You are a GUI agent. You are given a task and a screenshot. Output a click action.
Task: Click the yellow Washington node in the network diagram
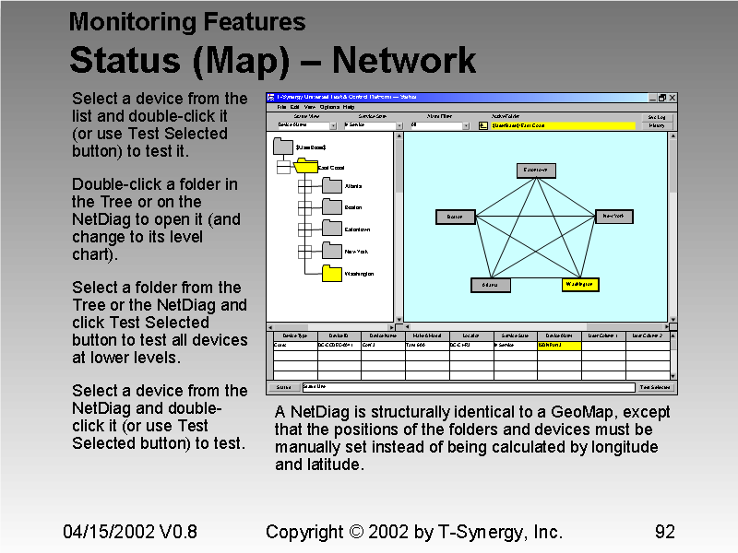(x=580, y=285)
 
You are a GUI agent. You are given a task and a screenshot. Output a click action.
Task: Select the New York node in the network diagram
(x=613, y=217)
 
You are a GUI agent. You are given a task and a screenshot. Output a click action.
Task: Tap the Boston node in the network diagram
(x=455, y=218)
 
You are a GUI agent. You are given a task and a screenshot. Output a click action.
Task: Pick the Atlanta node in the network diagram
(x=490, y=285)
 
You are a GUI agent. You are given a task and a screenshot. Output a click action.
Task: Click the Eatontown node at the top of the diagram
(x=535, y=170)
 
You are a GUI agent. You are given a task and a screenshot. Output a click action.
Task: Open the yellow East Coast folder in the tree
(x=304, y=167)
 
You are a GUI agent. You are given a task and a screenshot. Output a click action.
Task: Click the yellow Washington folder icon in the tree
(x=332, y=274)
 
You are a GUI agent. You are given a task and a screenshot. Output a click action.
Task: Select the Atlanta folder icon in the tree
(x=332, y=185)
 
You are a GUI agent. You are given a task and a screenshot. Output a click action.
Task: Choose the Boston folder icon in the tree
(x=332, y=207)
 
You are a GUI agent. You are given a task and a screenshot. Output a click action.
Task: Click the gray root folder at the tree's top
(x=283, y=147)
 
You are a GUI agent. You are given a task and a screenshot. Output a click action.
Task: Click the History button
(x=657, y=125)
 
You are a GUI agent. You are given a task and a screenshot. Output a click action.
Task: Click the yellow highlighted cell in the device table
(x=559, y=345)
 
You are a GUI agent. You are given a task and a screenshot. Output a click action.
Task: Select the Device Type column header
(x=295, y=335)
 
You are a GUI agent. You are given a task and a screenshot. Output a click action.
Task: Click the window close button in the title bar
(x=673, y=97)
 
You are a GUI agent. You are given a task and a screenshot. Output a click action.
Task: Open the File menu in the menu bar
(x=281, y=107)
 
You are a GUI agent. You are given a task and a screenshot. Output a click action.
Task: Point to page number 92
(x=664, y=532)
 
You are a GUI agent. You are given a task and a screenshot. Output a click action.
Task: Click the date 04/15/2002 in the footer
(x=103, y=532)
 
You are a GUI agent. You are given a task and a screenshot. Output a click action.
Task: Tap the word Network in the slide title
(x=404, y=61)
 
